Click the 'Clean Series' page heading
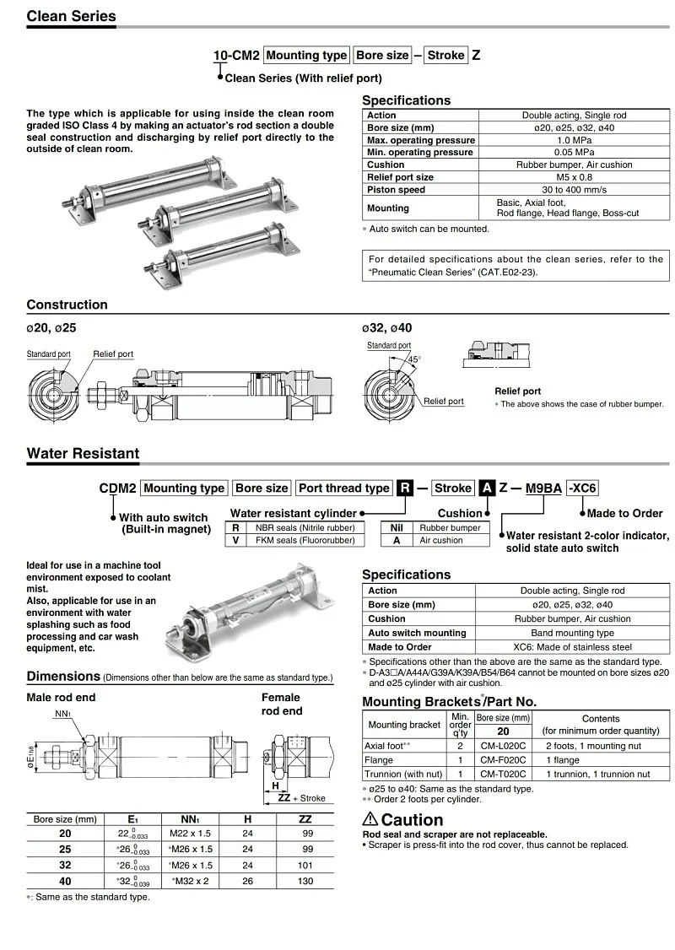72,16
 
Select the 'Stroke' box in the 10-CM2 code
445,56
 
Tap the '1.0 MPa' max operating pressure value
574,140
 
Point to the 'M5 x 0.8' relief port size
574,177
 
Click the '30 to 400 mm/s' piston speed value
574,190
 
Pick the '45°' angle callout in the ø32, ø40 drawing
414,359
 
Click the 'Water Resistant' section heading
83,453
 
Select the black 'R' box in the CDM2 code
405,488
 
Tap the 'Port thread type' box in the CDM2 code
344,488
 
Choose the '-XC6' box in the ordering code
582,488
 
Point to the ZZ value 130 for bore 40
305,881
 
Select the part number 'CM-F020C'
503,760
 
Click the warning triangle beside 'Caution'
370,818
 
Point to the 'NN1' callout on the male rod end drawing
61,714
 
